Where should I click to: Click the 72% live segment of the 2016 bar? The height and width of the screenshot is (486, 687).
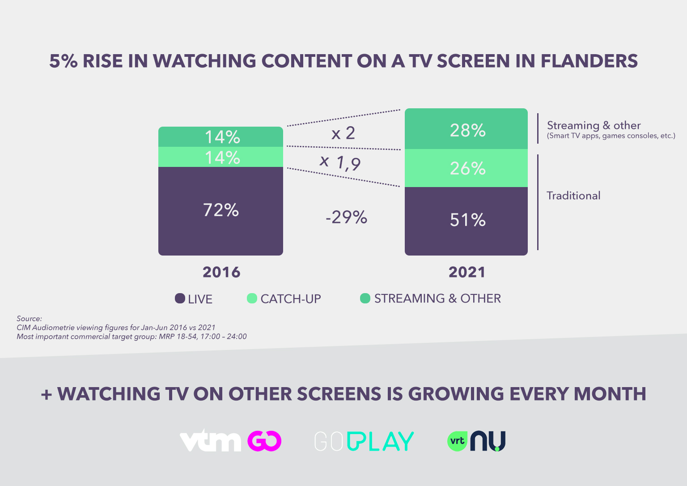tap(221, 211)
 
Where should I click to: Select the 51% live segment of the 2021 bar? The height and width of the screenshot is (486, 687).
tap(466, 221)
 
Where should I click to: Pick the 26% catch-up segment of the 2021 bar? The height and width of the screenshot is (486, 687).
tap(466, 168)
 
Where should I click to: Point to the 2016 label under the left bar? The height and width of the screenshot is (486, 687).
tap(221, 272)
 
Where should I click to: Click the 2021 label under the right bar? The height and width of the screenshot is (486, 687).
tap(466, 272)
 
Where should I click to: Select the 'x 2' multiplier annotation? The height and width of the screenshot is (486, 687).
tap(343, 133)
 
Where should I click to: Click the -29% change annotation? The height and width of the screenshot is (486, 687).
tap(346, 217)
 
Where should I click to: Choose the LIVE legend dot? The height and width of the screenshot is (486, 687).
tap(180, 298)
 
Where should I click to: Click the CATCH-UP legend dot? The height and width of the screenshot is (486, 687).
tap(252, 298)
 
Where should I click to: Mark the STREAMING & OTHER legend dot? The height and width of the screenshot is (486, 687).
tap(365, 298)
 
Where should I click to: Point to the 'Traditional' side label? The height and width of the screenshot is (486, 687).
tap(573, 196)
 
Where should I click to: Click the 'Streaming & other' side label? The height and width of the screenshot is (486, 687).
tap(594, 125)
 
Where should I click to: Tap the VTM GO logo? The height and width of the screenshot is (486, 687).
tap(230, 441)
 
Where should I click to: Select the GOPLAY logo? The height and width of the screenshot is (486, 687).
tap(364, 441)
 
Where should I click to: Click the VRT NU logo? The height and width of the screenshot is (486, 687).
tap(476, 441)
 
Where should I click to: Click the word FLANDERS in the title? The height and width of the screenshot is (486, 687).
tap(589, 61)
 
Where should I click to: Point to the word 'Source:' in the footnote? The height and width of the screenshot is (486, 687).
tap(29, 319)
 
